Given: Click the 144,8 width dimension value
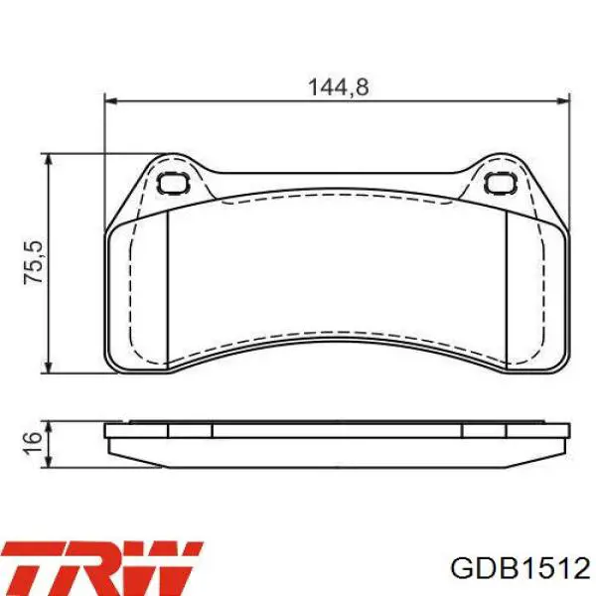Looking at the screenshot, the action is [338, 87].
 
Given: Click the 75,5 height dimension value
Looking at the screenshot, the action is [34, 262].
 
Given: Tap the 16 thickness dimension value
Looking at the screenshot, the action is [33, 443].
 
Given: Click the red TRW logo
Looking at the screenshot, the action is [102, 567].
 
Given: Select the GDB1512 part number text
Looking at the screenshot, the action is [520, 568].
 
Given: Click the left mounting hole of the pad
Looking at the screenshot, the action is [173, 183].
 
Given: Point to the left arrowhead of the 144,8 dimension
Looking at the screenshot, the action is [110, 101].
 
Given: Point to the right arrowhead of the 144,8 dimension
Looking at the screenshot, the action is [564, 101].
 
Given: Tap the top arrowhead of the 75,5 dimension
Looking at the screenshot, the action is [48, 160].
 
